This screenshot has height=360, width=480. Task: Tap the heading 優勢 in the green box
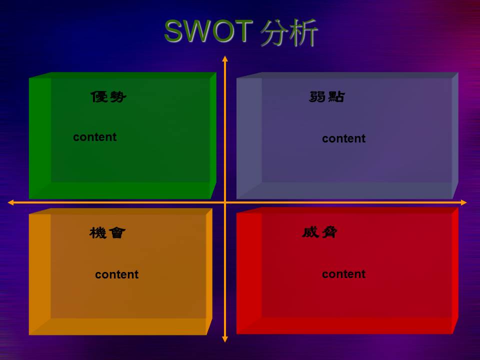point(108,96)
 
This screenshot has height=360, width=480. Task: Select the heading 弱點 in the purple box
point(327,96)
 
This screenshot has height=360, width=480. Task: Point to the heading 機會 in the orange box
point(107,232)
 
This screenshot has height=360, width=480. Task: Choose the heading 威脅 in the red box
point(320,232)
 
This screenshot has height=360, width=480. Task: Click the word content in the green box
point(94,137)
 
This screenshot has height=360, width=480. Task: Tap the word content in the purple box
point(343,138)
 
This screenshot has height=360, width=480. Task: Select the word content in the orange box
point(116,274)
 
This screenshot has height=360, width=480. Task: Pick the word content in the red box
point(343,274)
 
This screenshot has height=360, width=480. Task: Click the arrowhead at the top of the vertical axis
point(225,58)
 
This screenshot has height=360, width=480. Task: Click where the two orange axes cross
point(225,202)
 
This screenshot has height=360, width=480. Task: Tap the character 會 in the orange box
point(116,232)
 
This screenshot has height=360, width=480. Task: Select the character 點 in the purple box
point(336,96)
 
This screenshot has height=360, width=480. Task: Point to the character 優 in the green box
point(99,96)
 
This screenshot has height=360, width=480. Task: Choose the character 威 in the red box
point(310,232)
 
